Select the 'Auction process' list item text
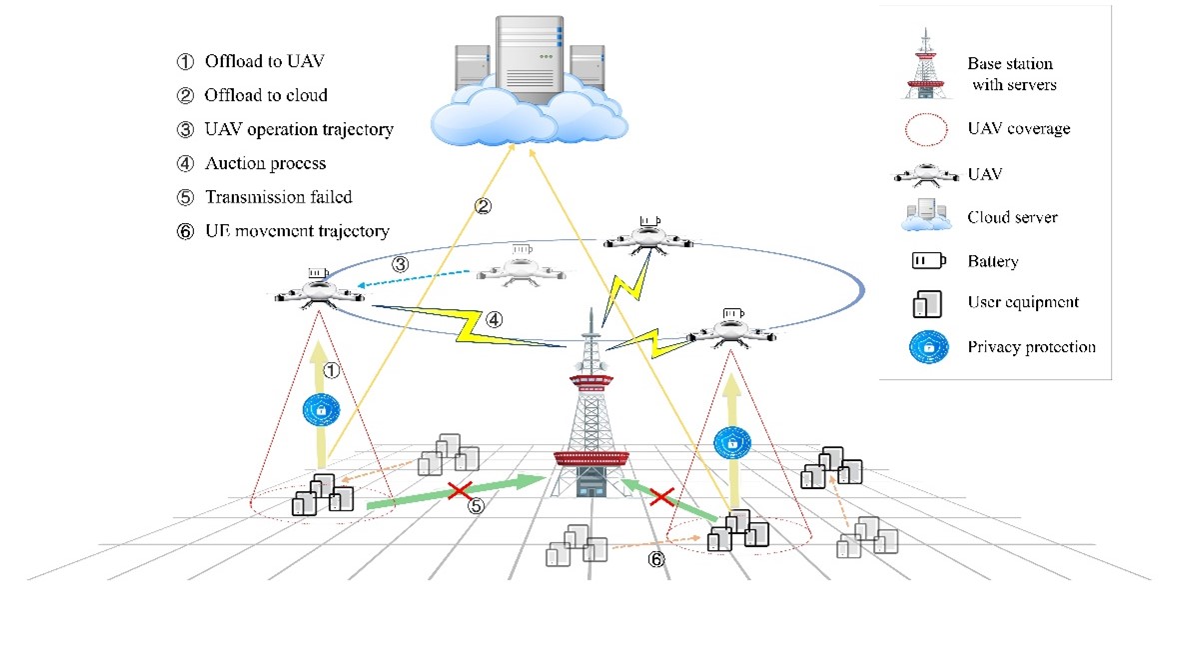click(x=265, y=163)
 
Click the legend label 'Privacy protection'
click(x=1031, y=347)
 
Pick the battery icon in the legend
click(x=929, y=261)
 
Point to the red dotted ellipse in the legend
click(x=929, y=129)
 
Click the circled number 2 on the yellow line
click(x=483, y=207)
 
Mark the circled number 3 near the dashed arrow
click(x=401, y=265)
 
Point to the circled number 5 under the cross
click(x=476, y=506)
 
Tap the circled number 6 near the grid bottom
click(x=655, y=559)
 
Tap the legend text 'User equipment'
click(x=1022, y=302)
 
